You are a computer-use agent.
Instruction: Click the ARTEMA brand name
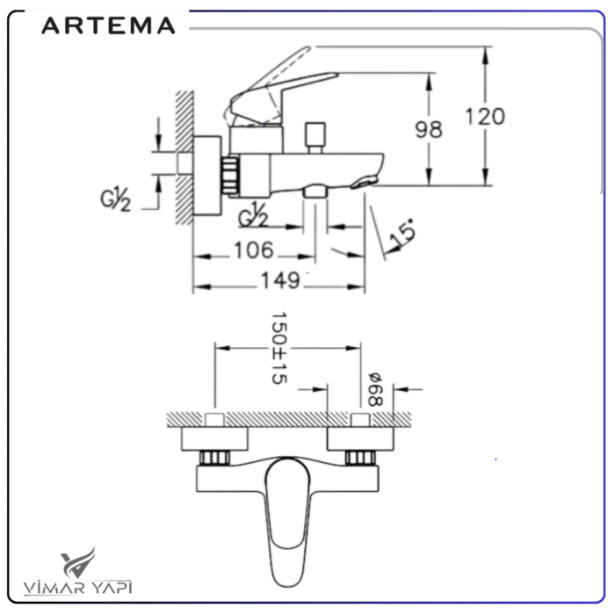click(108, 25)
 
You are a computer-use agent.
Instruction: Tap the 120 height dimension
click(485, 116)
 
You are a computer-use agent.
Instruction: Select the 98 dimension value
click(428, 129)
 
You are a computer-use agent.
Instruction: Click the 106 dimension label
click(253, 250)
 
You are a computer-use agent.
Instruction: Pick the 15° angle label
click(402, 235)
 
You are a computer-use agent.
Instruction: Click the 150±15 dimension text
click(279, 347)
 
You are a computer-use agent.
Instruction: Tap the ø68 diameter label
click(375, 387)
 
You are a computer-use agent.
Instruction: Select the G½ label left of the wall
click(114, 199)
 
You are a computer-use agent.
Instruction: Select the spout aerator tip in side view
click(363, 183)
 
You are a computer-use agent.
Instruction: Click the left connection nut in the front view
click(213, 458)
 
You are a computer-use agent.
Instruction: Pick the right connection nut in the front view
click(358, 458)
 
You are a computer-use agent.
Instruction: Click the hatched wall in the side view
click(183, 158)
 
